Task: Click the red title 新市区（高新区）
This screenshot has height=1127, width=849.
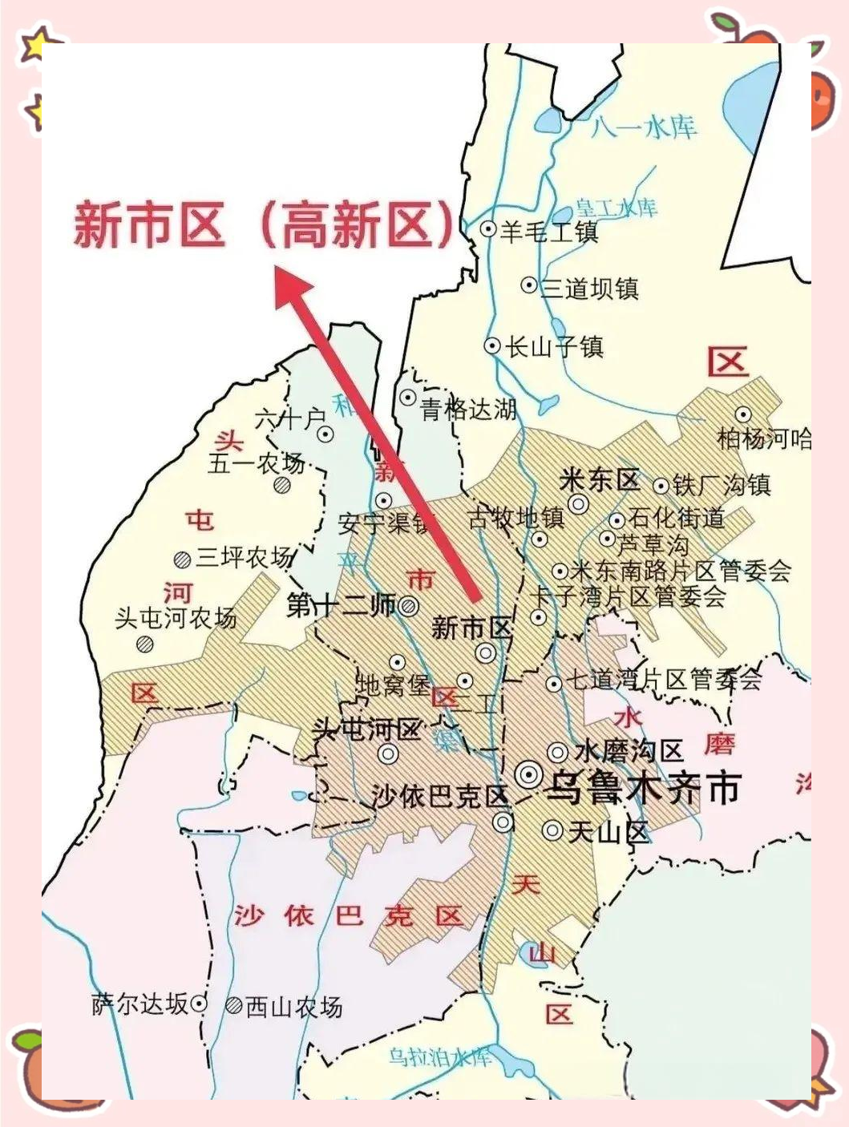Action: click(265, 224)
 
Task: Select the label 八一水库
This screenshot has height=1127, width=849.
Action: click(644, 127)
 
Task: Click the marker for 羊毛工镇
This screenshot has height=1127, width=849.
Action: click(487, 229)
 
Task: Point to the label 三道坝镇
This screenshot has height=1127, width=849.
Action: click(590, 288)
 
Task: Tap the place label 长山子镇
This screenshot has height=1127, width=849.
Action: click(554, 347)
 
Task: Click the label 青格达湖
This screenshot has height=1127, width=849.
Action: click(470, 410)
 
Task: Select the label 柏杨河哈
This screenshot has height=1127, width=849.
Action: click(764, 439)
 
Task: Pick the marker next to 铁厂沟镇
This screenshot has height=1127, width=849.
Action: click(661, 486)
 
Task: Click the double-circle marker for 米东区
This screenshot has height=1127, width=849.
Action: click(578, 504)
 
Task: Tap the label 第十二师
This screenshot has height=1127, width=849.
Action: click(342, 605)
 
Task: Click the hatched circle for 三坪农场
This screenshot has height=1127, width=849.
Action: click(182, 559)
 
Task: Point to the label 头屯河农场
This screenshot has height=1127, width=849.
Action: click(176, 618)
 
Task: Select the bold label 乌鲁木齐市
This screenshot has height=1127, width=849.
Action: click(641, 788)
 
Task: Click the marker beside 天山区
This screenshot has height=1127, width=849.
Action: click(552, 830)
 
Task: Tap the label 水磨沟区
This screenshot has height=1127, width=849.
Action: click(628, 752)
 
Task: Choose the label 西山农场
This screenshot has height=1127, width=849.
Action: click(293, 1007)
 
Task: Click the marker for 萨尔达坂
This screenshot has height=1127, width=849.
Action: click(199, 1004)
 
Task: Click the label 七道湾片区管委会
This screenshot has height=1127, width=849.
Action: click(665, 681)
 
